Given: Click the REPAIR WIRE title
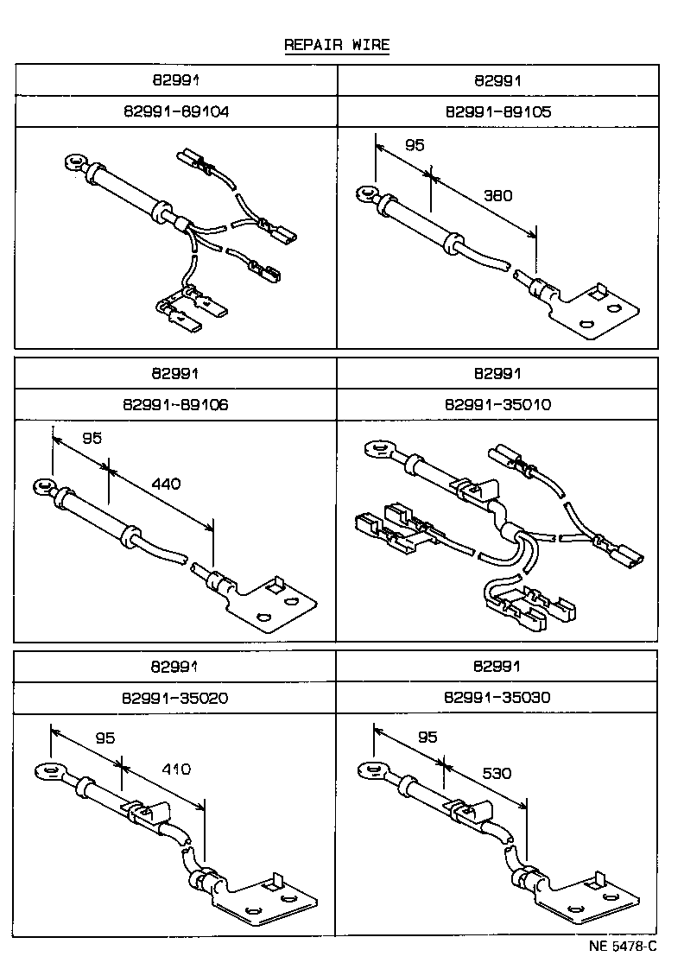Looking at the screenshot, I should click(337, 45).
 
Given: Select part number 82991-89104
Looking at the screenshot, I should click(176, 111).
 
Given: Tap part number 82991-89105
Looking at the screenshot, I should click(497, 111).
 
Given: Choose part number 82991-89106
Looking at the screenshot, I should click(176, 404).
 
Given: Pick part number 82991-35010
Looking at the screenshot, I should click(497, 404).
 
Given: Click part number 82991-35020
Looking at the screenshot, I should click(176, 697).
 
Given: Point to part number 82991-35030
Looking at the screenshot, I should click(497, 697).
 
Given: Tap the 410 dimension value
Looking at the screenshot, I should click(175, 769).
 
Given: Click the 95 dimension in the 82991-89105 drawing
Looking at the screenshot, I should click(415, 146).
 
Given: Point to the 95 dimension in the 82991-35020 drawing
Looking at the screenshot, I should click(104, 738).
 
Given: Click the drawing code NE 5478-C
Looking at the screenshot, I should click(623, 946).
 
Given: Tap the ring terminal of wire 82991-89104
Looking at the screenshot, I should click(73, 161).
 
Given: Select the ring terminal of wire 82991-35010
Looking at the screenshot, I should click(377, 449).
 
